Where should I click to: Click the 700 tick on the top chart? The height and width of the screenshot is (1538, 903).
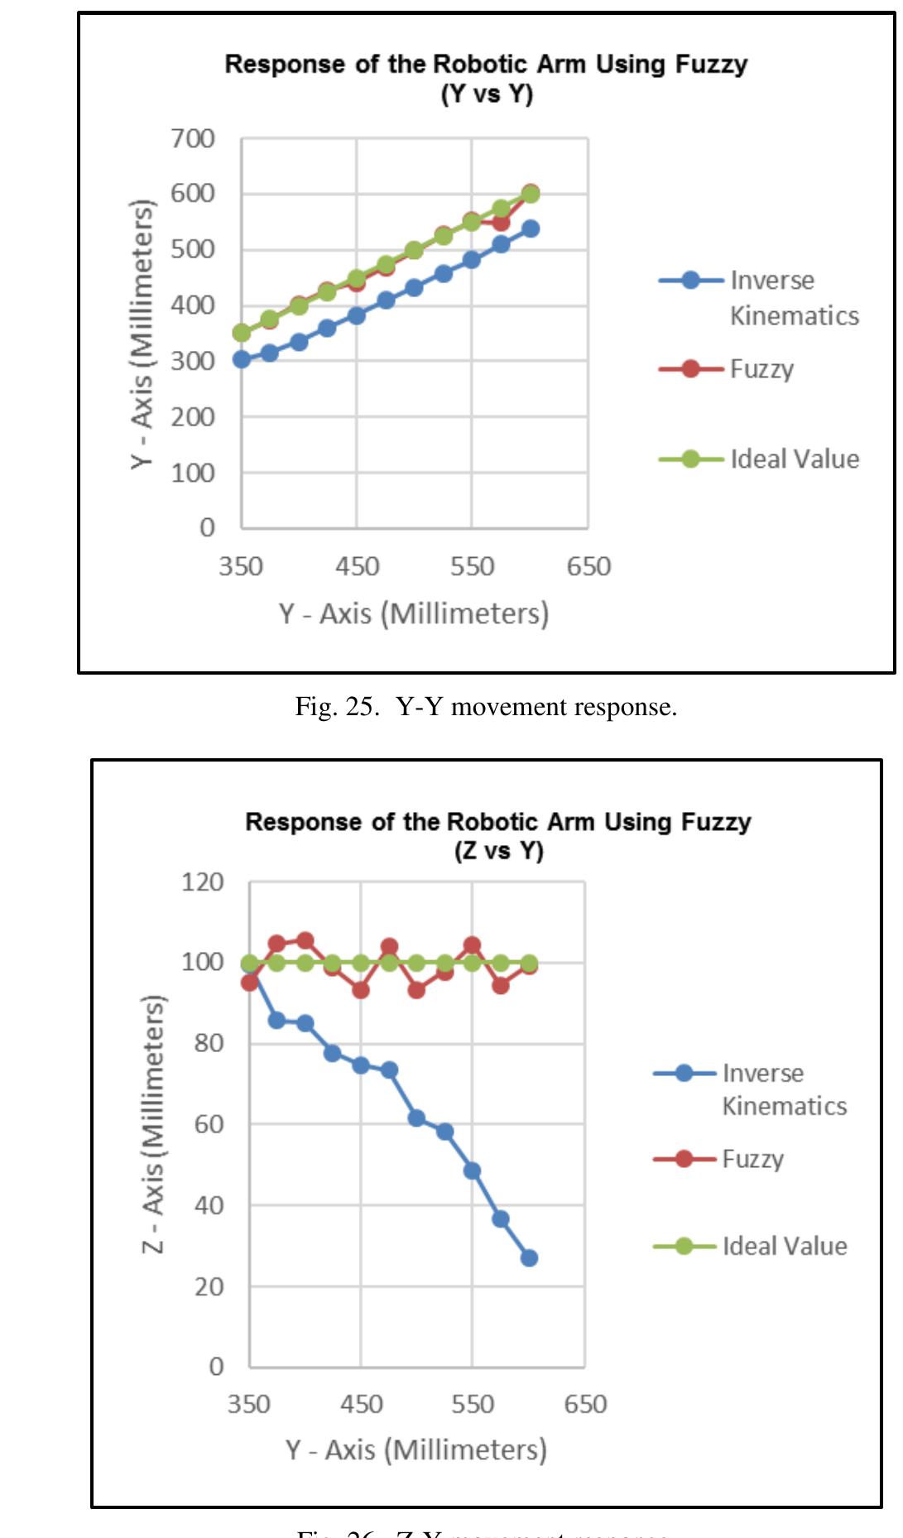(193, 138)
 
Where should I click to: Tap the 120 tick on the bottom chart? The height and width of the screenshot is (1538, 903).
(203, 882)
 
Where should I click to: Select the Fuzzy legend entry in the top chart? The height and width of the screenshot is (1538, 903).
(761, 368)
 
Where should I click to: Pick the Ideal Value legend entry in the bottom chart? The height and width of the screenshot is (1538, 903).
(785, 1246)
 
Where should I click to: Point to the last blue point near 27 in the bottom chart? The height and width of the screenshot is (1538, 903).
(529, 1257)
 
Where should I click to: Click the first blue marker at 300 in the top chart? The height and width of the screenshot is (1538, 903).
(242, 359)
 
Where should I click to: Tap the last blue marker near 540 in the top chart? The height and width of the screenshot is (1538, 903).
(531, 228)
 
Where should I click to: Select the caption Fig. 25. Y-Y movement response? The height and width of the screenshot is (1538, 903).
(486, 707)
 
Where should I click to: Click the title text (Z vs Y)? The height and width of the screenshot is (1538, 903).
(498, 851)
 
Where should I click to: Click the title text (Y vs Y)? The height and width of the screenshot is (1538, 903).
(487, 94)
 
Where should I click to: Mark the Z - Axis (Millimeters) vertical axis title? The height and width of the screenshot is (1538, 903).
(154, 1124)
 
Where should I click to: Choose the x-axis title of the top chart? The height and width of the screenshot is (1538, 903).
(414, 613)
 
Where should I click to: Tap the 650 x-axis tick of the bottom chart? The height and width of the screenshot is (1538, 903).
(585, 1404)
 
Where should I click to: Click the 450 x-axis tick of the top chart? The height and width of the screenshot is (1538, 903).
(357, 567)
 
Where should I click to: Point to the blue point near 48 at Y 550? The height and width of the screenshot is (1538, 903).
(472, 1170)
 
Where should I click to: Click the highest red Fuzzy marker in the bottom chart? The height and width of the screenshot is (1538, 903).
(305, 940)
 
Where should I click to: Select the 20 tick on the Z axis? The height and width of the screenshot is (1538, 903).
(209, 1287)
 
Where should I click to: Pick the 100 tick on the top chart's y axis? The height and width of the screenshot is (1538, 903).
(193, 473)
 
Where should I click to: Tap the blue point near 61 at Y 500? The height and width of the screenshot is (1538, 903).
(416, 1117)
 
